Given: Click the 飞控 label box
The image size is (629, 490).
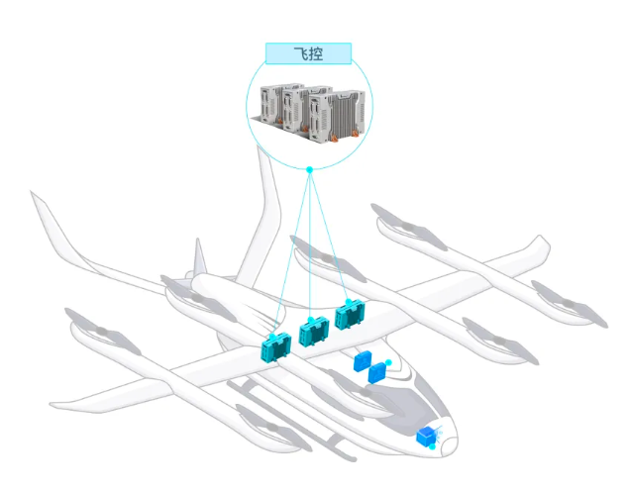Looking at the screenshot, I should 308,53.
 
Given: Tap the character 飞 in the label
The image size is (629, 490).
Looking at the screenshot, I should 300,53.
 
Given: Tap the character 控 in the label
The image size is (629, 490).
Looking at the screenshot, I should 316,53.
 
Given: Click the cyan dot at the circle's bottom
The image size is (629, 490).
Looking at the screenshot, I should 309,170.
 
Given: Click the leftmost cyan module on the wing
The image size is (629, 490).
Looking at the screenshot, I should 273,346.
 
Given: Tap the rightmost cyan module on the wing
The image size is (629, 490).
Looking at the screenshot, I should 350,316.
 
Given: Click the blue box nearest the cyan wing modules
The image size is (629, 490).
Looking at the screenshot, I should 364,361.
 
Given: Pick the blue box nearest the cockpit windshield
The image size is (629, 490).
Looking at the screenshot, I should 377,373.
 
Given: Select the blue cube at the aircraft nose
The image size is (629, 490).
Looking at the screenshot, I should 427,435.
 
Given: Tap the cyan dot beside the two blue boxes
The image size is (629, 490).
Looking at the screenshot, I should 388,363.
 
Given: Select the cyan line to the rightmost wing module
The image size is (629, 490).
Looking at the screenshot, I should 330,238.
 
